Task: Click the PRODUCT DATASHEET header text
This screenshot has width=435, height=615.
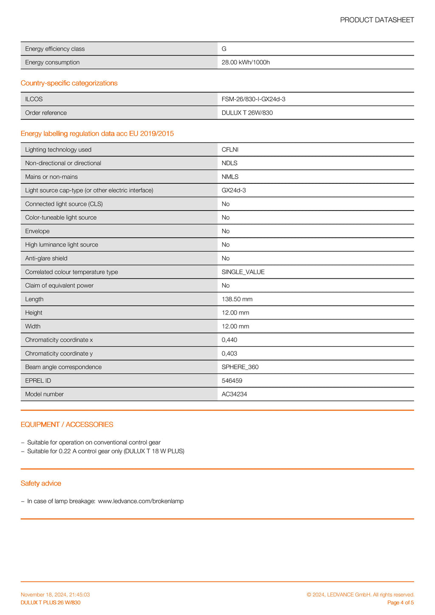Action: pos(377,20)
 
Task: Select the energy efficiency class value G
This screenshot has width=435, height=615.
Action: pos(224,49)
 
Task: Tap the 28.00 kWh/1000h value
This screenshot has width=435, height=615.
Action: pos(246,62)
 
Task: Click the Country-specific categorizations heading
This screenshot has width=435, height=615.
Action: pos(69,83)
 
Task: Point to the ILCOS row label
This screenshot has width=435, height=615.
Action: pos(34,99)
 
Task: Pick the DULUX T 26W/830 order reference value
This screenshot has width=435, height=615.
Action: pos(247,113)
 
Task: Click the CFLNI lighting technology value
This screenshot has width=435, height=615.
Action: pos(230,150)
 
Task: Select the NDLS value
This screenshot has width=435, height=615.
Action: pos(229,163)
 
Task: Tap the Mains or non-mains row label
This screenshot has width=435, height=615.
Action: pos(51,177)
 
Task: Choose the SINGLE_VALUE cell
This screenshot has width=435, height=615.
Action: pos(243,272)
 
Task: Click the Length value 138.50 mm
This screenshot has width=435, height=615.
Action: pos(237,299)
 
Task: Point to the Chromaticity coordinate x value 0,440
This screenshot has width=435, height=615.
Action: pos(229,340)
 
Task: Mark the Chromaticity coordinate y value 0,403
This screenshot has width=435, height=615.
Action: pos(229,354)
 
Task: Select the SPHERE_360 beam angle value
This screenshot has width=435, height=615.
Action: pos(240,367)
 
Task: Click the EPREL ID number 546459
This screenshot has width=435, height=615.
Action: pos(232,381)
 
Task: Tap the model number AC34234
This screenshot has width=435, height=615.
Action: pos(234,394)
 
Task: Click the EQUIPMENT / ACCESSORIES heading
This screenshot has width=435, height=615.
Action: pos(67,424)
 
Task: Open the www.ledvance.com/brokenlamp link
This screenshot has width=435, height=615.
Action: pos(141,501)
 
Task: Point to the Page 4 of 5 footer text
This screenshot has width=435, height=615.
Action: pos(401,603)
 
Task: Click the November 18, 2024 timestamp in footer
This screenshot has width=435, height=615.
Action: pos(55,595)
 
